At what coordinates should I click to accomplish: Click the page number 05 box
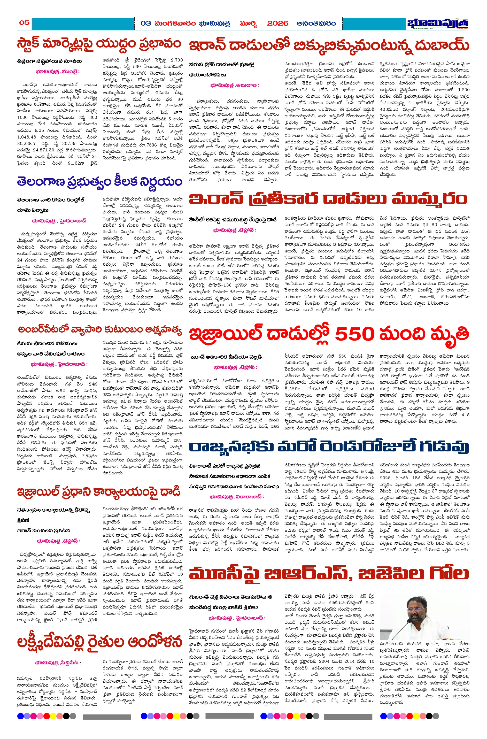pos(24,23)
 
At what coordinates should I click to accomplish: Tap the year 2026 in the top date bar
pos(277,24)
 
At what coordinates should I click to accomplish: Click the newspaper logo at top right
pos(438,24)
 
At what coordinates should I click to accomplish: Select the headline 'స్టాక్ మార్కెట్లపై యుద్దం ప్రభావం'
pos(99,44)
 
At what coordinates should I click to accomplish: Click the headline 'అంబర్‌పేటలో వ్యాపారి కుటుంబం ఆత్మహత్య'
pos(99,330)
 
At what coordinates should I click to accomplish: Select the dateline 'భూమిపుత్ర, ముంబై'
pos(57,72)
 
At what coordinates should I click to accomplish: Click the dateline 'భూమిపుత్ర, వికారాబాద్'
pos(236,497)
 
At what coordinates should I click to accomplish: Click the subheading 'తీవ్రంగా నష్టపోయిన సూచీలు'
pos(49,61)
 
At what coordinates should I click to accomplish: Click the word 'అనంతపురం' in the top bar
pos(316,24)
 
